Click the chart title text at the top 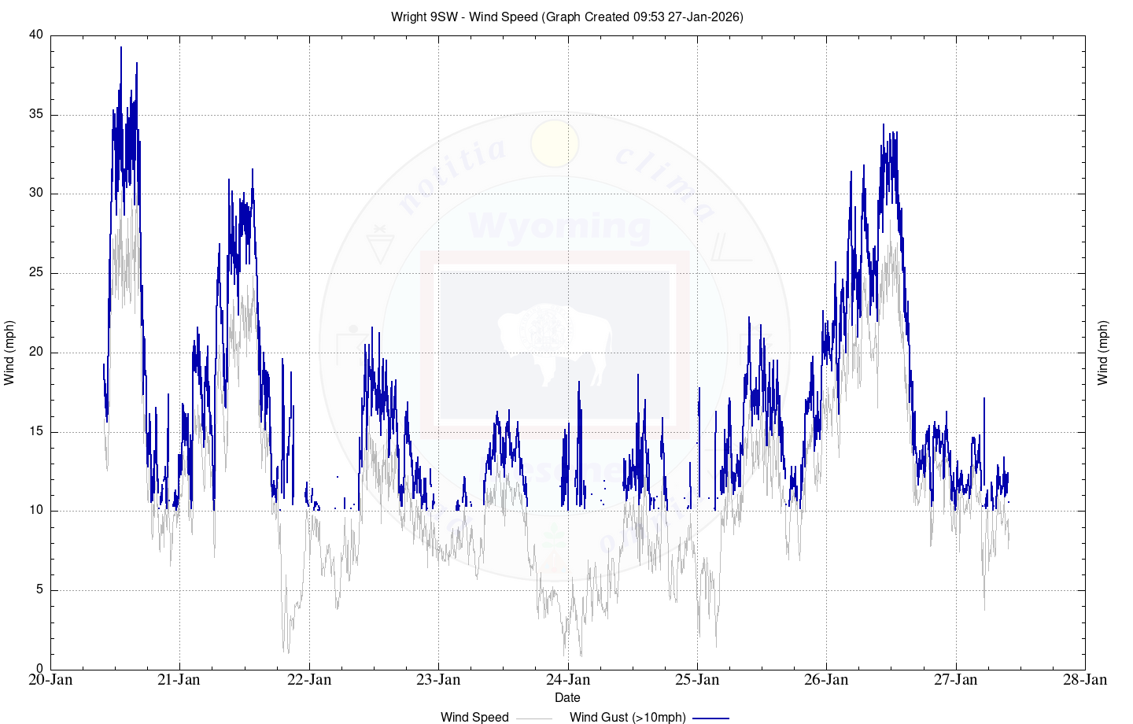point(566,17)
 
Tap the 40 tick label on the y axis point(36,35)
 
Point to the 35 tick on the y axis point(36,114)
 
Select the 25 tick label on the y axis point(36,273)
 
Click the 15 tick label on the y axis point(36,431)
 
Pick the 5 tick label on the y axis point(39,589)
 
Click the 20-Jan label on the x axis point(50,680)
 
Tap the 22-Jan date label point(309,680)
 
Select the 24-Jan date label point(568,680)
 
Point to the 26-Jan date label point(826,680)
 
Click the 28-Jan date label point(1085,680)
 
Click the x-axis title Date point(567,697)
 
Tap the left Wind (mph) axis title point(9,353)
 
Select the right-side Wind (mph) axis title point(1102,353)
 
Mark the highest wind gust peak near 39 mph point(121,48)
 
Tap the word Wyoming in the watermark point(559,227)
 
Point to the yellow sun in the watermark point(555,144)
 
